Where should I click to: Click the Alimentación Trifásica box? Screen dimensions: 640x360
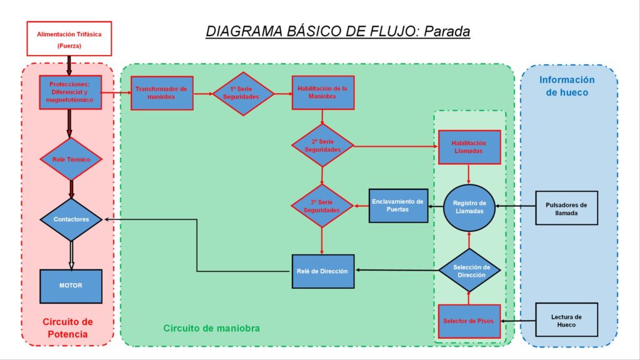pos(69,39)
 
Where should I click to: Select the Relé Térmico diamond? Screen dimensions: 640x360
pos(71,159)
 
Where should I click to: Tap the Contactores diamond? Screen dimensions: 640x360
pos(71,219)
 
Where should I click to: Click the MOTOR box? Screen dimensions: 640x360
pos(71,286)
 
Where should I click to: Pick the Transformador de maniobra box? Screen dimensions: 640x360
pos(162,93)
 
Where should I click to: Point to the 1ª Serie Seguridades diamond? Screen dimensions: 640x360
pos(243,94)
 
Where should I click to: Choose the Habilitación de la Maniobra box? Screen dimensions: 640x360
pos(323,92)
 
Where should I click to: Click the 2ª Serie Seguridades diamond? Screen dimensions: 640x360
pos(322,146)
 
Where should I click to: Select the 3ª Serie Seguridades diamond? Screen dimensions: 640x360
pos(322,206)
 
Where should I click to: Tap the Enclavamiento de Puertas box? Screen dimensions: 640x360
pos(398,206)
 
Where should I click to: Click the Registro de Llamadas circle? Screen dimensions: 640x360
pos(469,207)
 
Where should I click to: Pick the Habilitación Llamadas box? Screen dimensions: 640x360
pos(469,147)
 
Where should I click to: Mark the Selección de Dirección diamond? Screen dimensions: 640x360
pos(470,270)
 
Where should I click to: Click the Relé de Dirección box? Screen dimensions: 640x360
pos(323,271)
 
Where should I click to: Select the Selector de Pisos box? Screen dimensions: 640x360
pos(469,321)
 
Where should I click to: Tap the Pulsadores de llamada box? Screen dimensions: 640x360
pos(566,208)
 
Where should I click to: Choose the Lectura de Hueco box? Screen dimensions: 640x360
pos(566,320)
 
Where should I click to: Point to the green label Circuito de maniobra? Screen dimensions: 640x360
pos(211,328)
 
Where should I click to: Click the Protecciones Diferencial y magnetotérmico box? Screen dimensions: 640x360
pos(70,92)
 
